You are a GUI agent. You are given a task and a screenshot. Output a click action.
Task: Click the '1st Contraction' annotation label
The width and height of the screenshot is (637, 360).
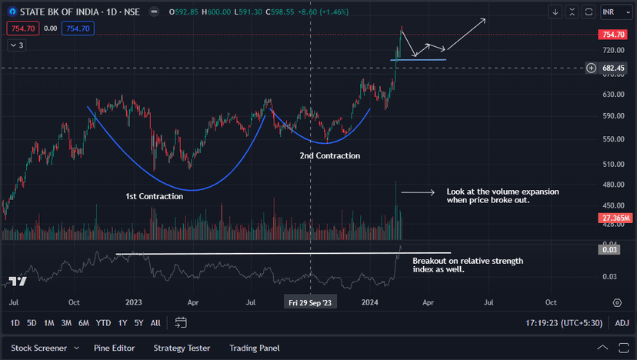click(x=154, y=196)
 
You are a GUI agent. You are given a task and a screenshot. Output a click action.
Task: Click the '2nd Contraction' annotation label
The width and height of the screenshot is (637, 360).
click(x=329, y=155)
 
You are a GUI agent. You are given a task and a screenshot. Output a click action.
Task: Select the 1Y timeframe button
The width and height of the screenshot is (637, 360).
click(x=122, y=323)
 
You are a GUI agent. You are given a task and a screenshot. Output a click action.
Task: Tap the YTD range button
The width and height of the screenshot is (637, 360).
click(x=104, y=323)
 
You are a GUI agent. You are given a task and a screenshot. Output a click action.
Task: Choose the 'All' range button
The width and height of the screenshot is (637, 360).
click(x=155, y=323)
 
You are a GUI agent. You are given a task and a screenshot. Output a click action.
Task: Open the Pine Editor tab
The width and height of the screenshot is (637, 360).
click(x=114, y=348)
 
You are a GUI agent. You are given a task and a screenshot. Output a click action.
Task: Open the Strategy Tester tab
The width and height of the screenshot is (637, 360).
click(x=182, y=348)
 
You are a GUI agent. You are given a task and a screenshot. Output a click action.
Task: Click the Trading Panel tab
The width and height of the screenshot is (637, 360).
click(x=254, y=348)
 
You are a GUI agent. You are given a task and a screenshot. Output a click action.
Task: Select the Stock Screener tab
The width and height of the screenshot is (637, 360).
click(x=38, y=348)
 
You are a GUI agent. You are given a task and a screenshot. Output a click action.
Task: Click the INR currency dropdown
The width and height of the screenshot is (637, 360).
click(x=613, y=12)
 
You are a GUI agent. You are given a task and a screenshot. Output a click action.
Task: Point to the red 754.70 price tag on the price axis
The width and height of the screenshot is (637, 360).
click(x=613, y=35)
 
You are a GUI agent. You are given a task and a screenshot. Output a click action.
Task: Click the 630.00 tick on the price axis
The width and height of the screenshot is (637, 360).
click(x=613, y=95)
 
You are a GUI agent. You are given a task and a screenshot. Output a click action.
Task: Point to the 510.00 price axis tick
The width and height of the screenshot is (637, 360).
click(x=613, y=164)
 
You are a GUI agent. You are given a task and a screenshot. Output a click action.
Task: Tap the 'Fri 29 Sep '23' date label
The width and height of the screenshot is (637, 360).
click(x=309, y=302)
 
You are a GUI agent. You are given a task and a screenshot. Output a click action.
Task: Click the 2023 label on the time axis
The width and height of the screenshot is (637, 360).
click(x=134, y=302)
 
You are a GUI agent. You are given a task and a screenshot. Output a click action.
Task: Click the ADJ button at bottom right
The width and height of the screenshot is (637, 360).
click(x=622, y=323)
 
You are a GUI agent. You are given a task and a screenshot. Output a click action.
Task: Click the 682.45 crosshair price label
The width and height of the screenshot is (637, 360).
click(x=613, y=68)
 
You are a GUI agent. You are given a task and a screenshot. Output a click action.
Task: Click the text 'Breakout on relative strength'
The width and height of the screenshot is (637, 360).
click(x=467, y=261)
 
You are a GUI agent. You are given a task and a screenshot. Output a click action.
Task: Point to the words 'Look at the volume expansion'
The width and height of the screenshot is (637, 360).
click(x=502, y=191)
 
